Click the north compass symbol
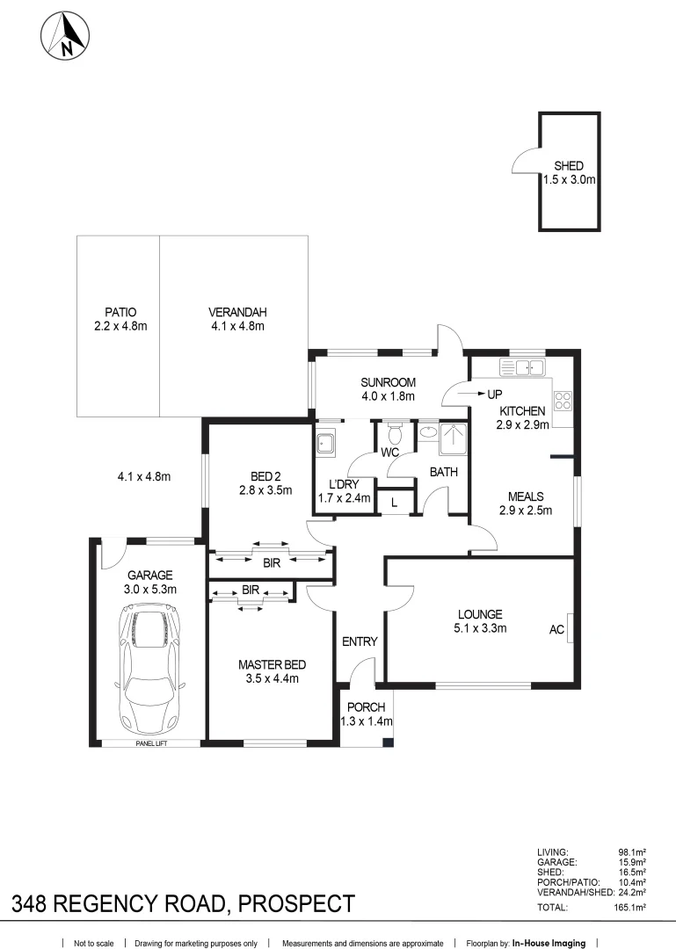click(x=66, y=36)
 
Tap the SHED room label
click(x=568, y=166)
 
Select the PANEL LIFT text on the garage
click(x=150, y=743)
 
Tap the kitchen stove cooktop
click(x=563, y=401)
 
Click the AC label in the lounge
click(x=556, y=630)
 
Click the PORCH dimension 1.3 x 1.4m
click(x=366, y=721)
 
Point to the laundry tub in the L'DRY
click(x=325, y=443)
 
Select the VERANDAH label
click(x=237, y=312)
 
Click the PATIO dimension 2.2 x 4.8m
click(x=120, y=326)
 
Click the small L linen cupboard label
click(x=394, y=502)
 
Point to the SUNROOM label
click(x=387, y=382)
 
